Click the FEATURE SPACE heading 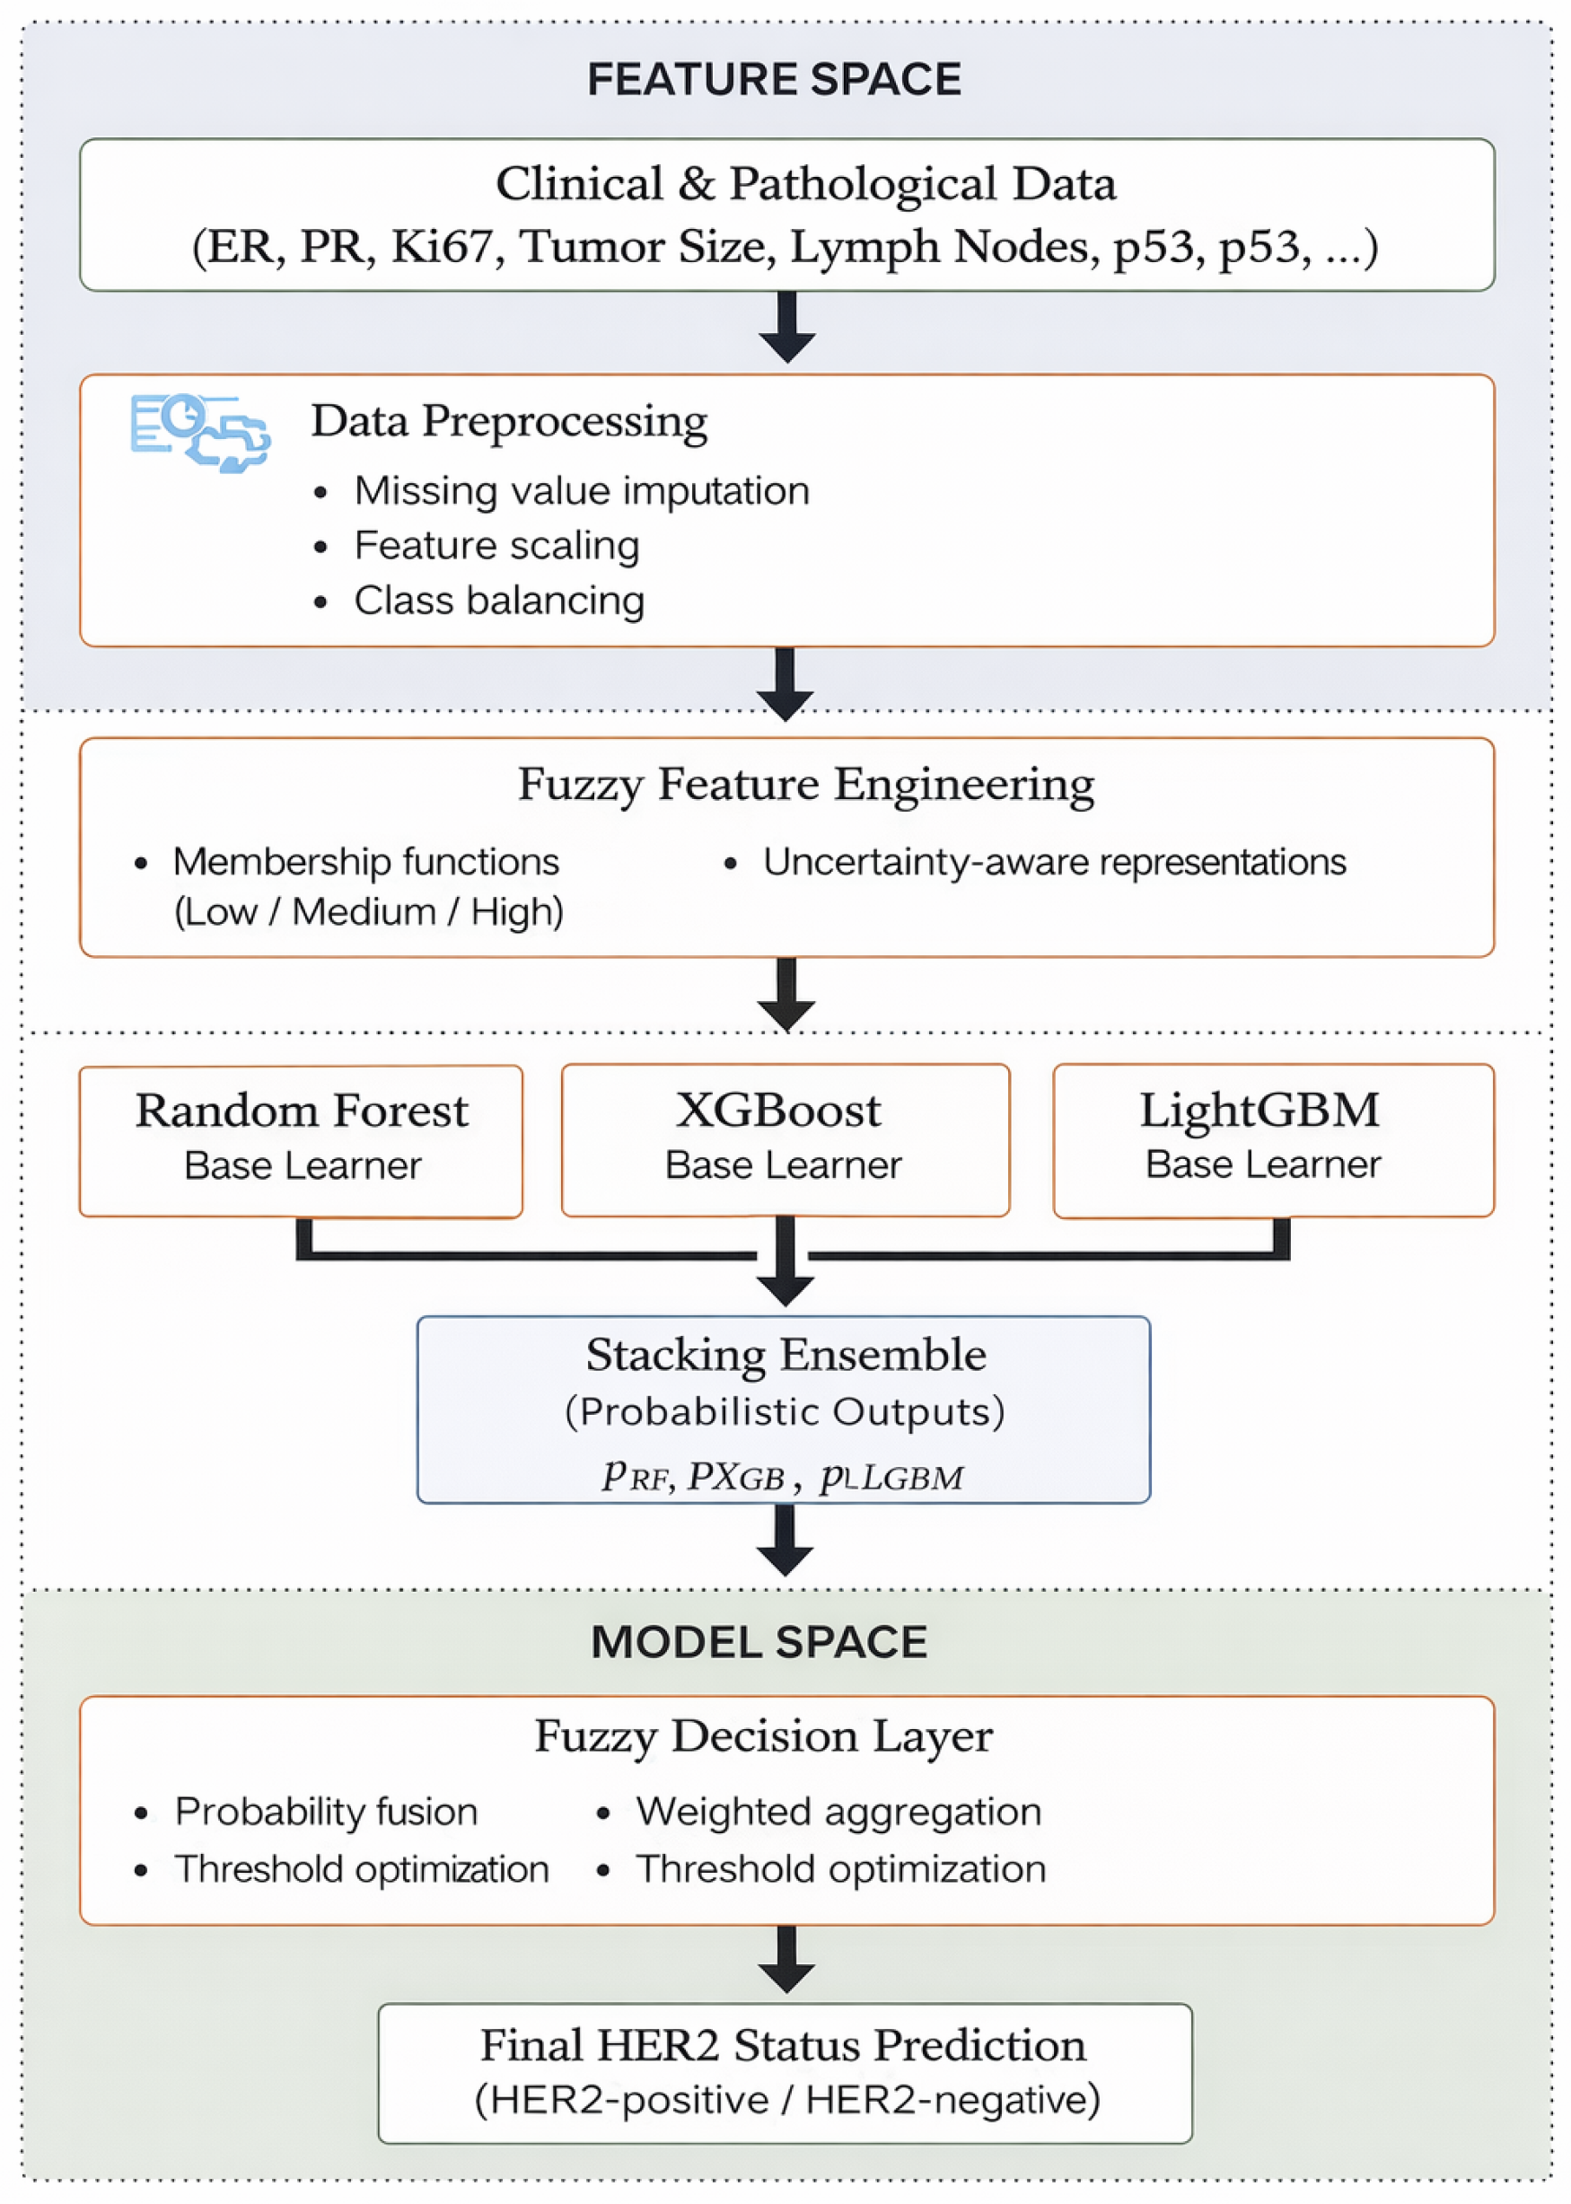(x=774, y=79)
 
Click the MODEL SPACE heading (x=759, y=1642)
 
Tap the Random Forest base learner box (x=301, y=1141)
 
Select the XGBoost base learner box (x=785, y=1140)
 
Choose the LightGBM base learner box (x=1273, y=1140)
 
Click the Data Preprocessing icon (x=200, y=433)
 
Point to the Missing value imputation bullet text (x=582, y=490)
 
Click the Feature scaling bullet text (x=496, y=546)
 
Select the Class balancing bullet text (x=499, y=600)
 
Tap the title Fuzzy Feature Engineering (x=806, y=784)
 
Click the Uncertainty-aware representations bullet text (x=1055, y=861)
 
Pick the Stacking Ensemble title (x=785, y=1355)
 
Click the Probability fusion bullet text (x=326, y=1811)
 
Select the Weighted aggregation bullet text (x=838, y=1811)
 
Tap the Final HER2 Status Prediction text (x=784, y=2044)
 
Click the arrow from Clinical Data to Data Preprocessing (x=786, y=327)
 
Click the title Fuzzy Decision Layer (x=763, y=1735)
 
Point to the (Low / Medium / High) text (x=369, y=911)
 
